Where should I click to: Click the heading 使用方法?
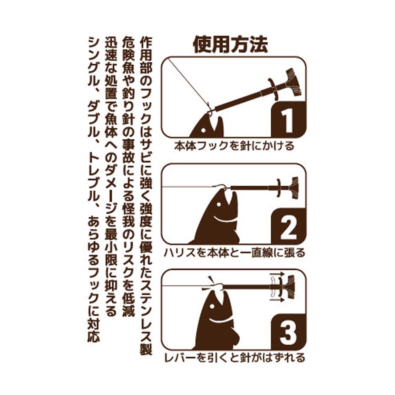230,45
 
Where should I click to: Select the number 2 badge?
288,226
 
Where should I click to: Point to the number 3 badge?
288,332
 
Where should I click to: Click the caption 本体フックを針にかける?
234,146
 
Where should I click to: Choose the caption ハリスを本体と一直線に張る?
234,252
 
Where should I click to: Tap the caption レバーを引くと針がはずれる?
234,358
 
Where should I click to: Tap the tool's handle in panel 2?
294,188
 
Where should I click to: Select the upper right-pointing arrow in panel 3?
277,274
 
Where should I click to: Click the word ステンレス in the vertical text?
146,305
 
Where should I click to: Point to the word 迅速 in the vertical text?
111,49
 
